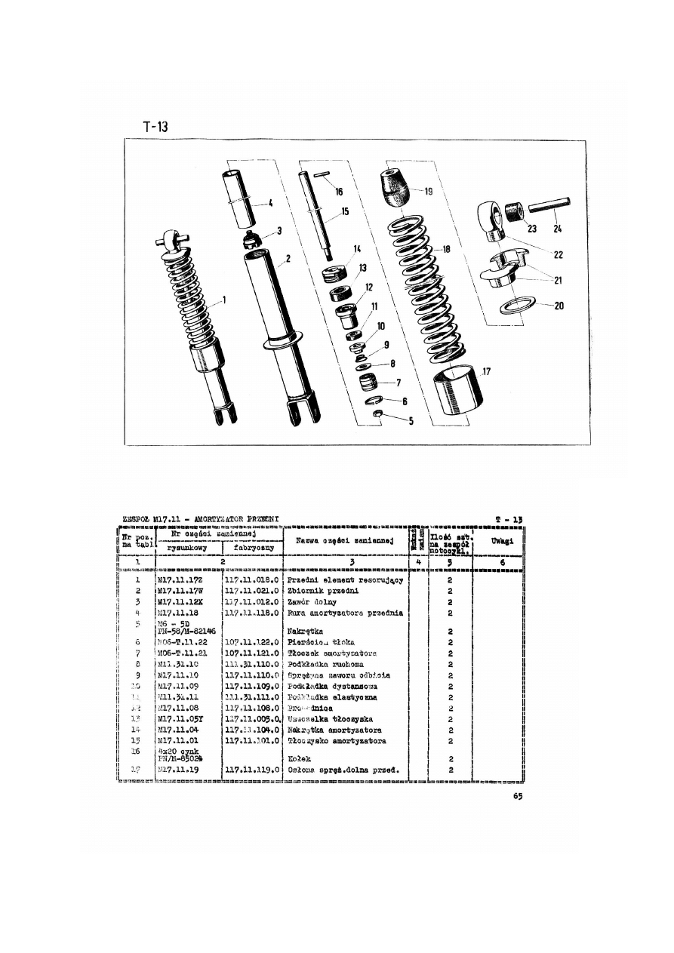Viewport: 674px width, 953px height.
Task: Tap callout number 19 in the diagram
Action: (429, 192)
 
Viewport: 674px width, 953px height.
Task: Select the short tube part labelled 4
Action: (239, 199)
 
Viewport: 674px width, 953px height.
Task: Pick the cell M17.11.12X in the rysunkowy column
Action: (179, 602)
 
